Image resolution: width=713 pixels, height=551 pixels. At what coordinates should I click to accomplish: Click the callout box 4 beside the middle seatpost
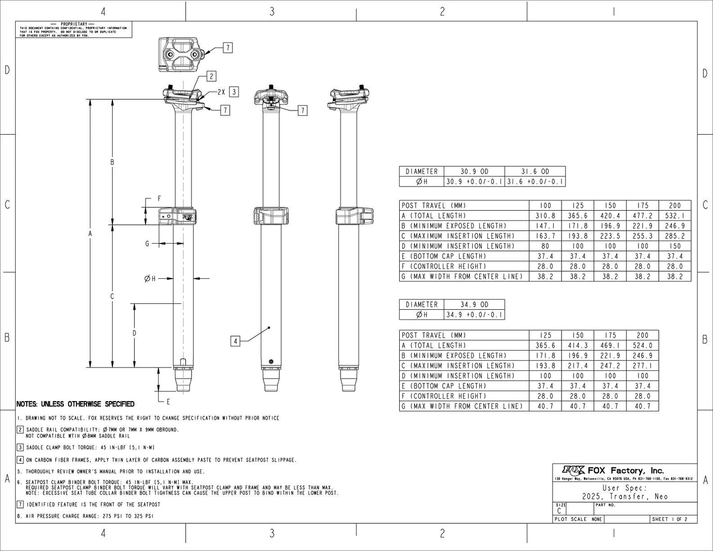coord(235,340)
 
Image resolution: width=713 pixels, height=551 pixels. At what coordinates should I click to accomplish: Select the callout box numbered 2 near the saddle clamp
coord(211,76)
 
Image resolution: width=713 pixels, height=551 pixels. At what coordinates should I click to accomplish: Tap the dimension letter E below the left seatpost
coord(168,401)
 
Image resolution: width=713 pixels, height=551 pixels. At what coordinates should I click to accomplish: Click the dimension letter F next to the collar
coord(159,198)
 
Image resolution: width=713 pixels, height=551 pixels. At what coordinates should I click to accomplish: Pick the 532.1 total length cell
coord(675,216)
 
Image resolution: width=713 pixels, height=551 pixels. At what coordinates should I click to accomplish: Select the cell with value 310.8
coord(545,216)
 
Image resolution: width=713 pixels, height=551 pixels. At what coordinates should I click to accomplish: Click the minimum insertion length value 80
coord(545,246)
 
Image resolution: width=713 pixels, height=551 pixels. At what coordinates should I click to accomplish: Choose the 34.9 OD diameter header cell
coord(474,304)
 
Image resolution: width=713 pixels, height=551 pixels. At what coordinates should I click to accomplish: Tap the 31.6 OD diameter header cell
coord(535,171)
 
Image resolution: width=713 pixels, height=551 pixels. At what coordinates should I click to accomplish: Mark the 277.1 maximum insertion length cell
coord(642,366)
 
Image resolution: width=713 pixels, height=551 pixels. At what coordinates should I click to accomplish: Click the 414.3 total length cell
coord(578,345)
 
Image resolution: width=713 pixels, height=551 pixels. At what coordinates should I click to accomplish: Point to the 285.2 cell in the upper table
coord(675,236)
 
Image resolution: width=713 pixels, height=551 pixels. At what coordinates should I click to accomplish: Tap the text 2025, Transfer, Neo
coord(625,496)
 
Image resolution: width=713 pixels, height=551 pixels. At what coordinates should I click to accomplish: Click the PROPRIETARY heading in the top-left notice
coord(74,24)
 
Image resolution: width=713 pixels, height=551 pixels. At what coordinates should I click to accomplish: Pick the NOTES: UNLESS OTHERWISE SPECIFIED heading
coord(75,404)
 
